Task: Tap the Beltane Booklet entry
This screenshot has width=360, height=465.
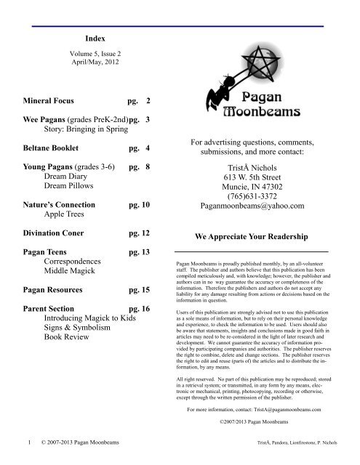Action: [x=59, y=148]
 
